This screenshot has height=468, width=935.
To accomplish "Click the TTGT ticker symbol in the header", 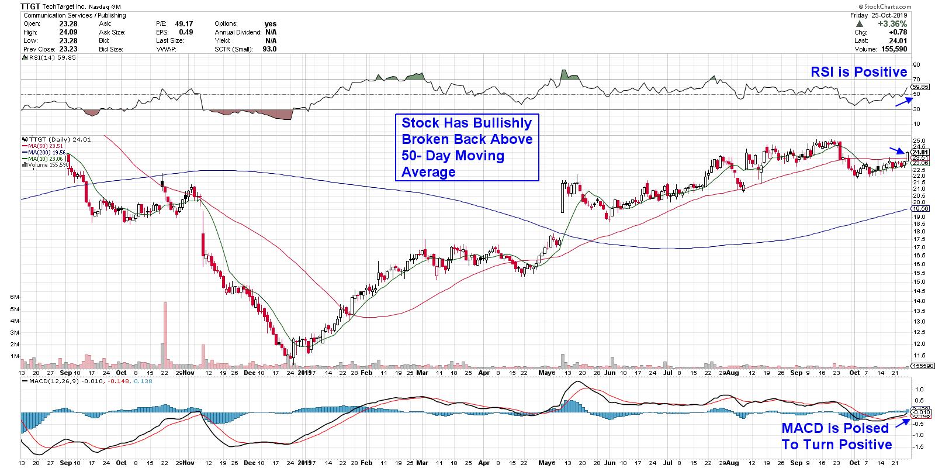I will click(x=30, y=7).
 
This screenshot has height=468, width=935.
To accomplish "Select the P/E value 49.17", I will click(x=184, y=24).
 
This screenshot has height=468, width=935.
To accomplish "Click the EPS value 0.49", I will click(x=186, y=32).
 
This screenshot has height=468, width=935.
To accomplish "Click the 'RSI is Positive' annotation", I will click(x=858, y=72).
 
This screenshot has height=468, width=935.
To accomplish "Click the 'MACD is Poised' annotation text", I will click(x=835, y=428).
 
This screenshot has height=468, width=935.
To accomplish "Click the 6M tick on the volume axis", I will click(x=15, y=297).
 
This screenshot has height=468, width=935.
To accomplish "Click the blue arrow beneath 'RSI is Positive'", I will click(x=903, y=101).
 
